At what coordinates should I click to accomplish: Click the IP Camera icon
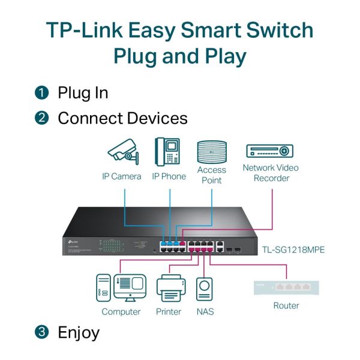pyautogui.click(x=123, y=152)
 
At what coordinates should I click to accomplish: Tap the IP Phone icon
pyautogui.click(x=168, y=151)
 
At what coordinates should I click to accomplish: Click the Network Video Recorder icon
pyautogui.click(x=270, y=151)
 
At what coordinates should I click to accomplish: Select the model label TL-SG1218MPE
pyautogui.click(x=293, y=249)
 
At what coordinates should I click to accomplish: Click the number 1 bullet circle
pyautogui.click(x=41, y=93)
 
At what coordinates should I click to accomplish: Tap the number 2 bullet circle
pyautogui.click(x=41, y=118)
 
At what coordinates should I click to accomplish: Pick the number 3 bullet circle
pyautogui.click(x=41, y=332)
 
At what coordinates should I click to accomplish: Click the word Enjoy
pyautogui.click(x=79, y=332)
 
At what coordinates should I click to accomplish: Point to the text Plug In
pyautogui.click(x=83, y=93)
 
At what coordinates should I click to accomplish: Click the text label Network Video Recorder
pyautogui.click(x=271, y=173)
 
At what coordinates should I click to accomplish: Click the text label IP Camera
pyautogui.click(x=121, y=176)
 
